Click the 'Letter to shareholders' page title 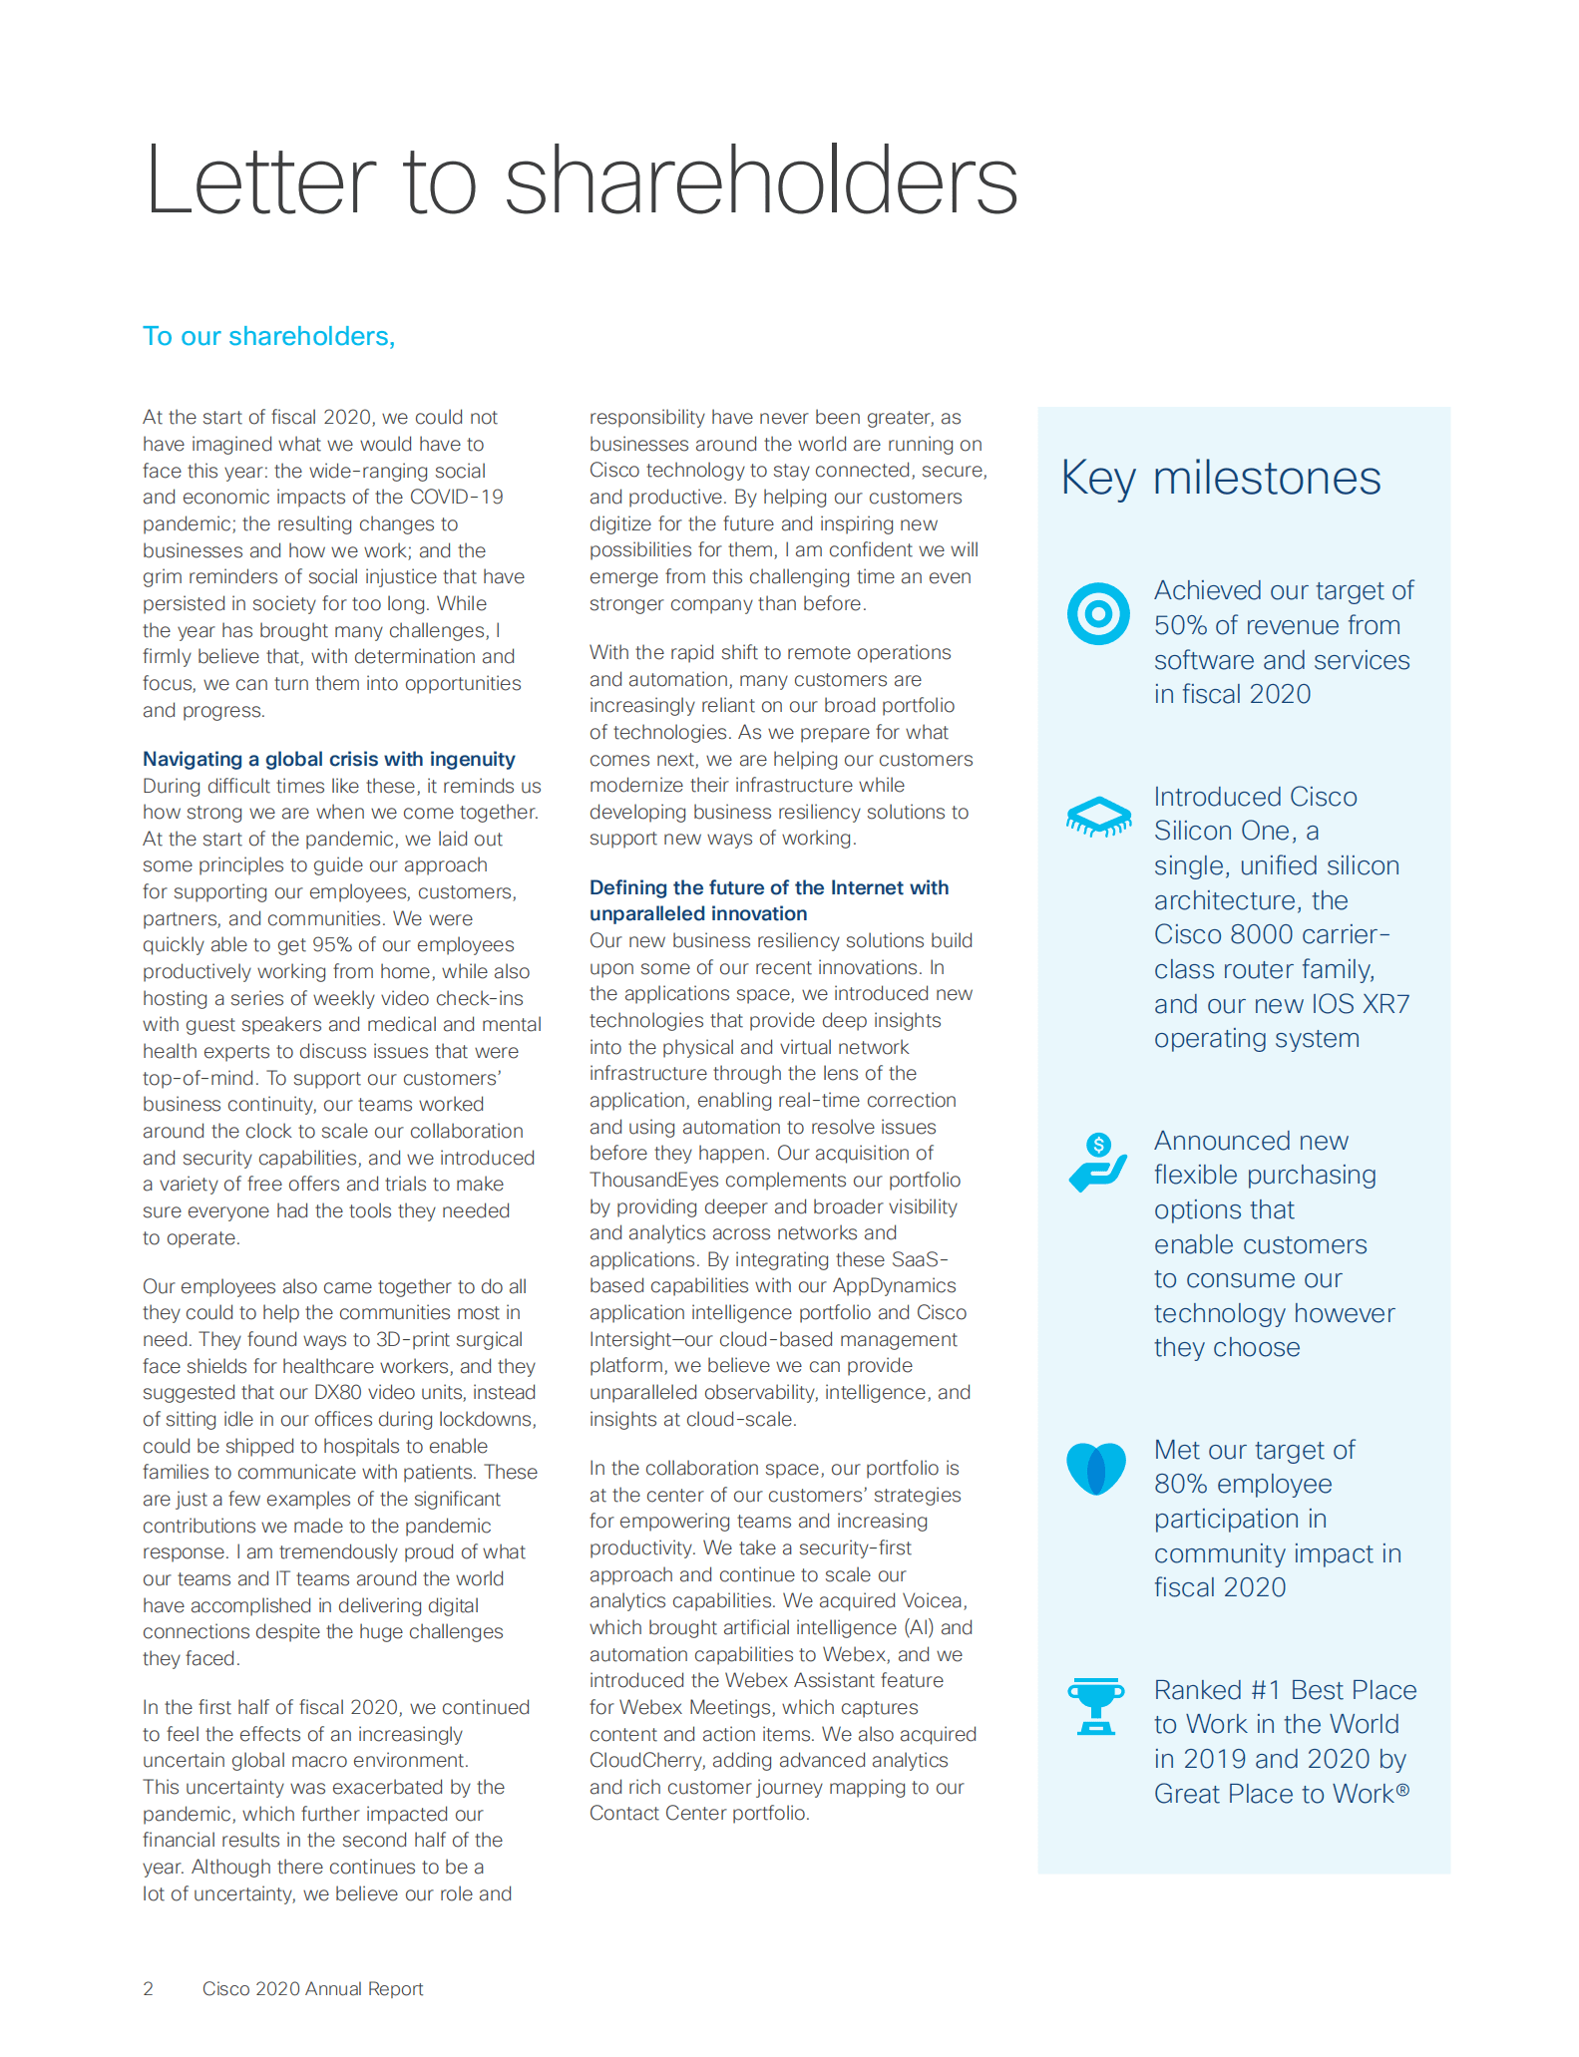[x=581, y=181]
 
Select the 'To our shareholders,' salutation [x=268, y=337]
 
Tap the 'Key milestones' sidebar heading [x=1220, y=479]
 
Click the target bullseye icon [x=1097, y=613]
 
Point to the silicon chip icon [x=1097, y=816]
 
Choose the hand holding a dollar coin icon [x=1097, y=1162]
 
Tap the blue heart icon [x=1095, y=1469]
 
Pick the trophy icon [x=1095, y=1706]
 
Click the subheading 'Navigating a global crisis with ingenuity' [x=328, y=759]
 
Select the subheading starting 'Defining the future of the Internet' [x=768, y=888]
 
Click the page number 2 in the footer [x=149, y=1989]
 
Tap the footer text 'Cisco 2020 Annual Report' [x=312, y=1989]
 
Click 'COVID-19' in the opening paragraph [x=463, y=498]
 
